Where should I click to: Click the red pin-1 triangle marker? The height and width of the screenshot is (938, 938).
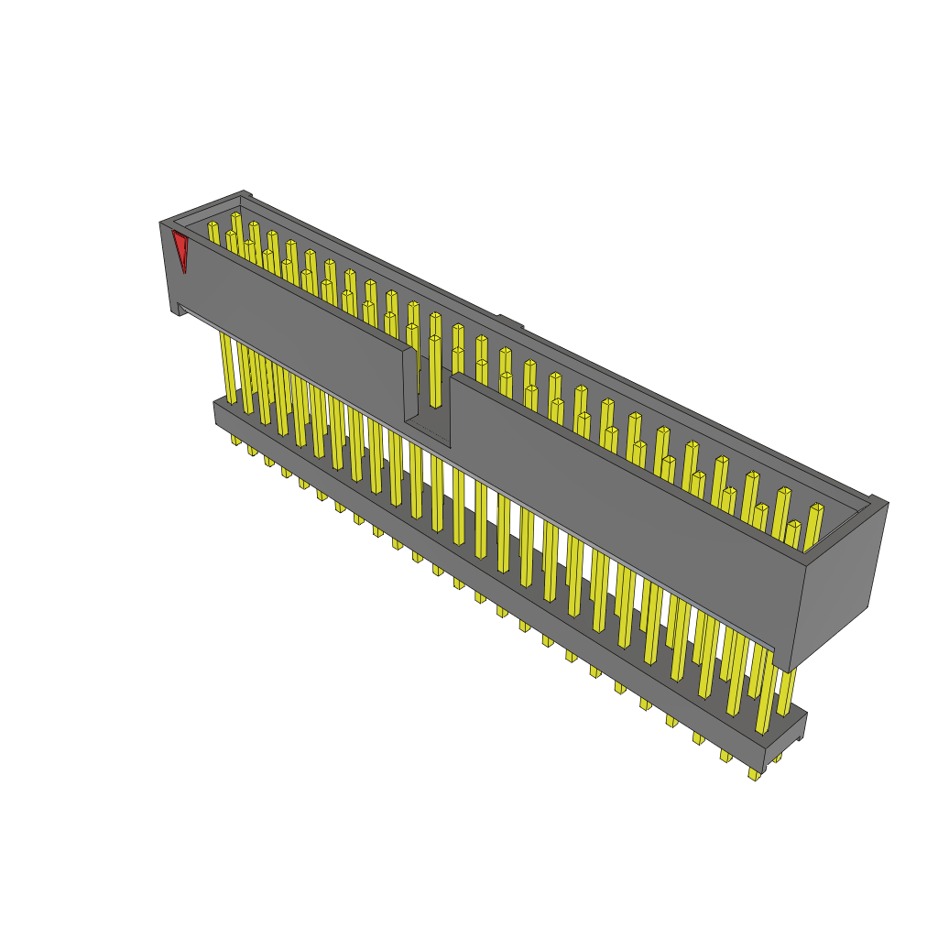(180, 247)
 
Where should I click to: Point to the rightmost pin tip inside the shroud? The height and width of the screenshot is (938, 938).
(816, 508)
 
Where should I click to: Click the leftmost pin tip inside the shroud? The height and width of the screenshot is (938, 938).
(213, 225)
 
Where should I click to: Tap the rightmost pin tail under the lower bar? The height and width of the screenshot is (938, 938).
(754, 774)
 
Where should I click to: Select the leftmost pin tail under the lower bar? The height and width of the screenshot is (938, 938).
(235, 441)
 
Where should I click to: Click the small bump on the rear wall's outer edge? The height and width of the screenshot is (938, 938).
(510, 321)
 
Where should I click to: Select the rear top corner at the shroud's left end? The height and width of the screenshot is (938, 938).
(243, 194)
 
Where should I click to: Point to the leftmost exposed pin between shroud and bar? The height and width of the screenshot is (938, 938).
(227, 366)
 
